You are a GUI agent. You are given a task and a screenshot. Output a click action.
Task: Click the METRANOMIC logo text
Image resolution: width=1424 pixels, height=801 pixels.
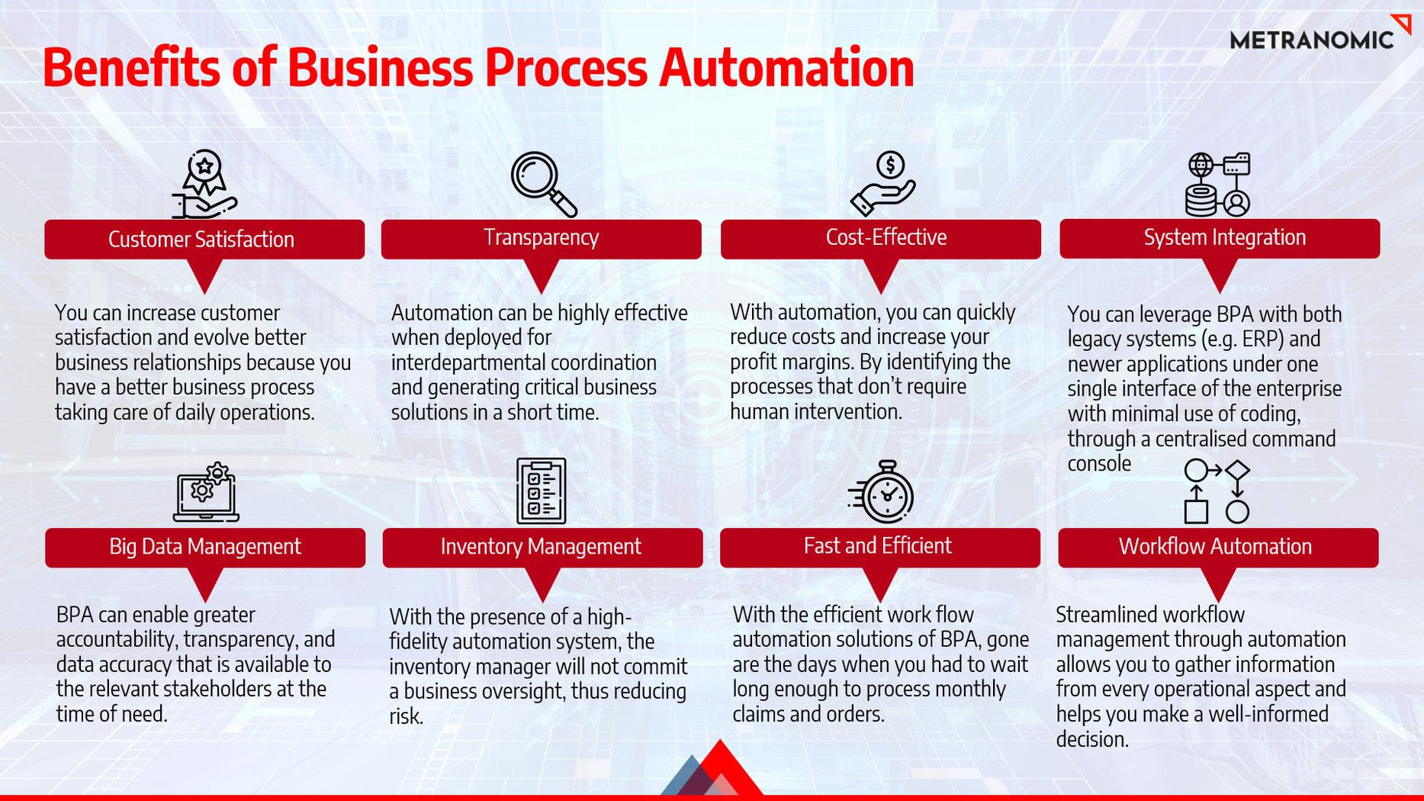point(1312,40)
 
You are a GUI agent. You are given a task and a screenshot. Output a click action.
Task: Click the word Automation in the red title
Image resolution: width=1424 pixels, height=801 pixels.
point(786,67)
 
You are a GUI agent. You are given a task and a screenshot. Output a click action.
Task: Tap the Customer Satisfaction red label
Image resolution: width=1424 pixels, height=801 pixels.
point(204,240)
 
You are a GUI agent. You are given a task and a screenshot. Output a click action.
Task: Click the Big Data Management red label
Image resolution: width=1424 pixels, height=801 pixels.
point(205,548)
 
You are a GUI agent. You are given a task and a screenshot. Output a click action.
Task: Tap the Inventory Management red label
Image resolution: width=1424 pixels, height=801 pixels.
point(542,548)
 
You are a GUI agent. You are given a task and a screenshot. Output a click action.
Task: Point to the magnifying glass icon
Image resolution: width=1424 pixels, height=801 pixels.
point(544,185)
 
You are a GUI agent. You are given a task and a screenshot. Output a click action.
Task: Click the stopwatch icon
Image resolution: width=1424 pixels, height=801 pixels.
point(882,491)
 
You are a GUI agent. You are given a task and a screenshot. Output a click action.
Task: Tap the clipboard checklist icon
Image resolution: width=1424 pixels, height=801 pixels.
point(542,491)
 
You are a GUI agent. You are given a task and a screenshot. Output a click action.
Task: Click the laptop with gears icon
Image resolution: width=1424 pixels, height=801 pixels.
point(206,492)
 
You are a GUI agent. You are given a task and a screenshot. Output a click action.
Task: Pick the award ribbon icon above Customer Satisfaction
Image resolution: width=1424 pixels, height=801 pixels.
point(204,184)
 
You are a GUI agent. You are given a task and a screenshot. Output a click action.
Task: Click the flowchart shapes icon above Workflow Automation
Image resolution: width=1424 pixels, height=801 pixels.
point(1217,491)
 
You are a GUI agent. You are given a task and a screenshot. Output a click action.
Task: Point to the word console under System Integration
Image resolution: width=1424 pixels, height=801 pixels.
point(1099,464)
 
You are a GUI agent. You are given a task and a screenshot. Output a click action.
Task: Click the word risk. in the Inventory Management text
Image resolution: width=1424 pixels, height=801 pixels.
point(406,716)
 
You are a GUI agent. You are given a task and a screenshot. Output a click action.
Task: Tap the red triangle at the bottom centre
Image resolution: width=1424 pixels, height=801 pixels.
point(719,770)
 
